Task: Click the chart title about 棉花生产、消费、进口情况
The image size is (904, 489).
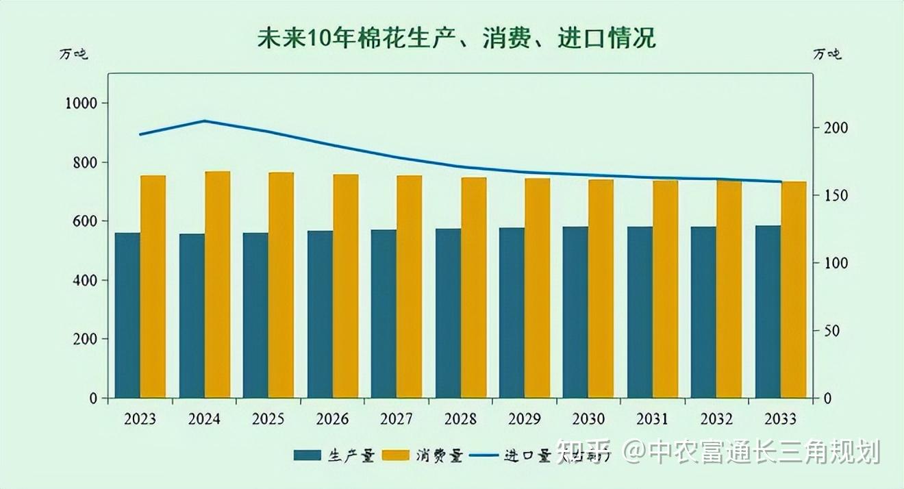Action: click(456, 38)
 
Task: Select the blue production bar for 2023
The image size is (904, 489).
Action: click(127, 315)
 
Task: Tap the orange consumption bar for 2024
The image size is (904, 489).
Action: click(217, 284)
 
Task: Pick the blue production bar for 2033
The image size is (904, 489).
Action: click(768, 312)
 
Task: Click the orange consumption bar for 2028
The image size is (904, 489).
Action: click(473, 288)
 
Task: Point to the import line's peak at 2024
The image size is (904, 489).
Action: click(205, 121)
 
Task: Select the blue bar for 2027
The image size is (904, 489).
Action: click(384, 314)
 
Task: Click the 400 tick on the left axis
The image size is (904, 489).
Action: click(86, 280)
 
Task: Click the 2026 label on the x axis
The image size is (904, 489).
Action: click(332, 418)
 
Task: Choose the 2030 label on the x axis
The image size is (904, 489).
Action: click(588, 418)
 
